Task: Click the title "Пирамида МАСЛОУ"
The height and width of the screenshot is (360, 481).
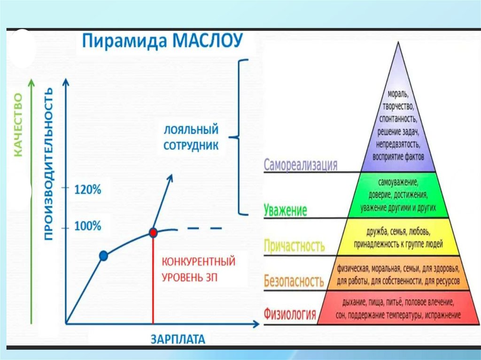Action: pos(163,42)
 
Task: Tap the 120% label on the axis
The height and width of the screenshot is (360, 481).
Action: pos(88,191)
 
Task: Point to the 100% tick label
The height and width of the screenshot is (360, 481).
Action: pos(88,226)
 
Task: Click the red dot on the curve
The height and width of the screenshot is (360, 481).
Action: pos(153,232)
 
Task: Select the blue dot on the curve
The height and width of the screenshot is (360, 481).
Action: pos(104,256)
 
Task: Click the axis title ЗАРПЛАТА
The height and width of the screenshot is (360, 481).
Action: pos(178,339)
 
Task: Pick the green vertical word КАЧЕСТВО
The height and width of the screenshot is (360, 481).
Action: pos(18,124)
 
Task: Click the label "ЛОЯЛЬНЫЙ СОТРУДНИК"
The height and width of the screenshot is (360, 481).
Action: pos(191,137)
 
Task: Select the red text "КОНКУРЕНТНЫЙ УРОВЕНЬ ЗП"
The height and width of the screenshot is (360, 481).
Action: pos(198,269)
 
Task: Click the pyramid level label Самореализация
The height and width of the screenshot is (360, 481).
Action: pos(301,165)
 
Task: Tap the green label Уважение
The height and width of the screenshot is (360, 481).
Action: pos(286,210)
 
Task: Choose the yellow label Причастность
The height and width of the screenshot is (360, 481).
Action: pos(295,245)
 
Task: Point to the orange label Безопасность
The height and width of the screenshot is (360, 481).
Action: pos(294,281)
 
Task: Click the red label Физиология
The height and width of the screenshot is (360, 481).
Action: pos(290,313)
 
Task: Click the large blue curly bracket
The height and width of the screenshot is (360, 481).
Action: pos(241,138)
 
